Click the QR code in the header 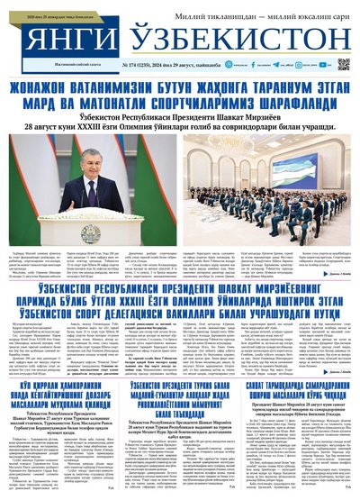pos(344,64)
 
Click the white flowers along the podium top pos(90,210)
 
